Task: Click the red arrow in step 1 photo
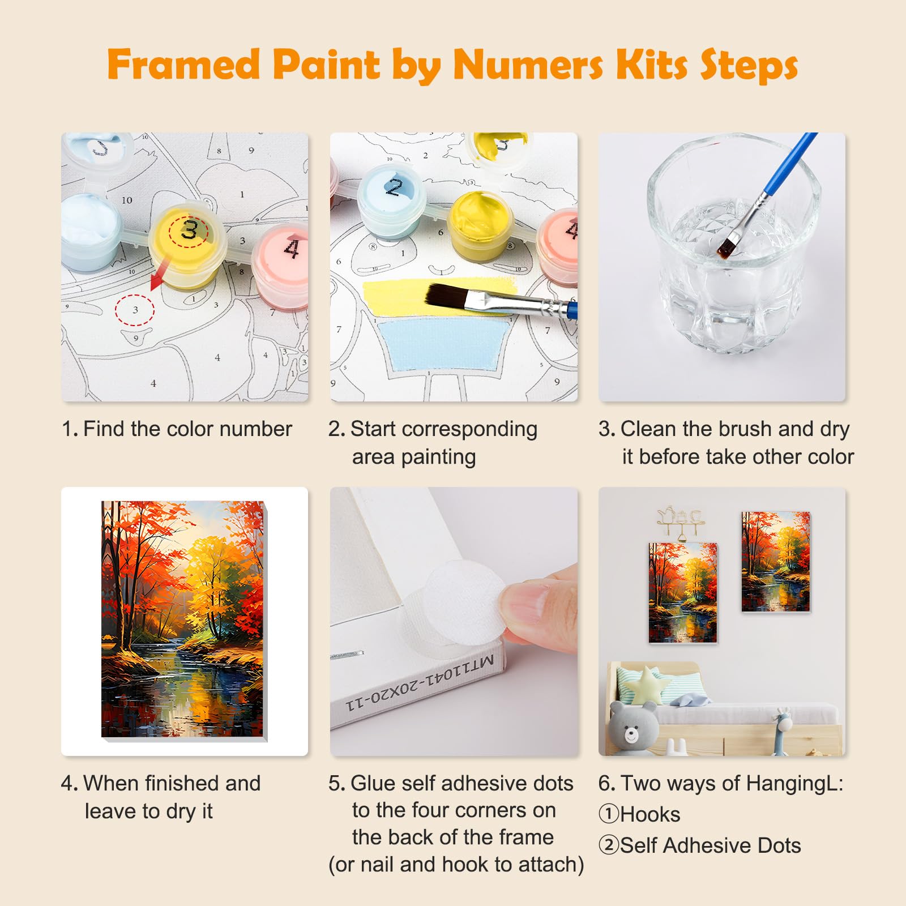pyautogui.click(x=161, y=272)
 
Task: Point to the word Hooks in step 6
pyautogui.click(x=650, y=814)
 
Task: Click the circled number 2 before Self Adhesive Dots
pyautogui.click(x=609, y=845)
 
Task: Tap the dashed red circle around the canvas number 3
pyautogui.click(x=135, y=310)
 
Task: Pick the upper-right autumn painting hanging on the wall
pyautogui.click(x=776, y=562)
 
